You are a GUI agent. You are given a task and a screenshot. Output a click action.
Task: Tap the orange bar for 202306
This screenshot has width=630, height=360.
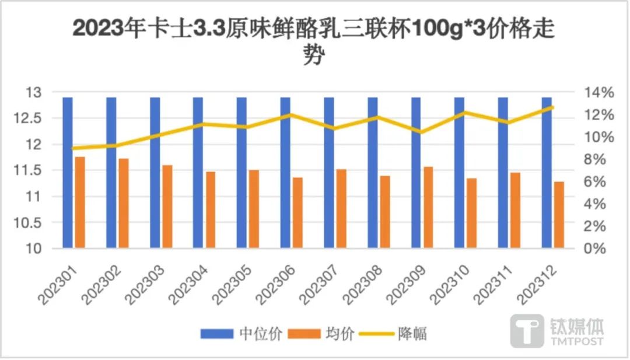(297, 213)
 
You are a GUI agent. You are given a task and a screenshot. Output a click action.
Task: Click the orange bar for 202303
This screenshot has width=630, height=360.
(167, 207)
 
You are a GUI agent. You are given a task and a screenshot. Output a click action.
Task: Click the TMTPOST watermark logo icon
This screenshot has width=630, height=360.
(527, 331)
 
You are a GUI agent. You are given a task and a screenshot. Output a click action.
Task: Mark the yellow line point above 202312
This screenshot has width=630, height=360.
(552, 107)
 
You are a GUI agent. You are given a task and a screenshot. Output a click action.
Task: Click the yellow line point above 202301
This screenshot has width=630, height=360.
(73, 148)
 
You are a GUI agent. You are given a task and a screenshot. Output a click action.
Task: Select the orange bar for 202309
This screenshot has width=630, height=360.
(429, 207)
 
